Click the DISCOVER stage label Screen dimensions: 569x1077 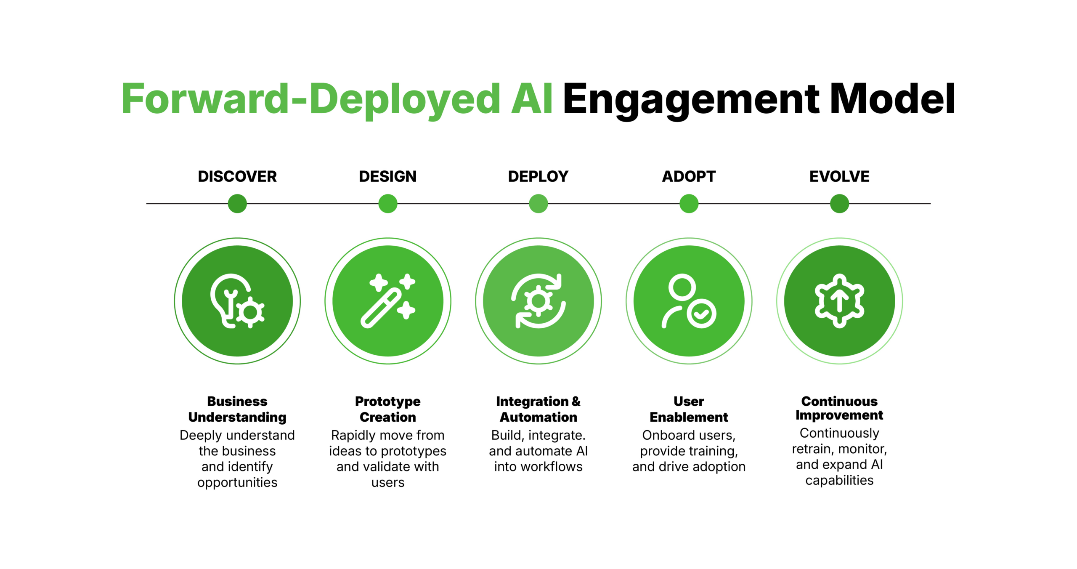(x=237, y=176)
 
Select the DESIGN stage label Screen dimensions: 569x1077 (x=387, y=176)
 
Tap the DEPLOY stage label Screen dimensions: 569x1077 (x=538, y=176)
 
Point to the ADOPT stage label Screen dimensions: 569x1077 (x=689, y=176)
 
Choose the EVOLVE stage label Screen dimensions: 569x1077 (x=839, y=176)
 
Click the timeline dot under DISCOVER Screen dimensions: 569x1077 (x=237, y=204)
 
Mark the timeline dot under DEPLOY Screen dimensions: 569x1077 (x=538, y=204)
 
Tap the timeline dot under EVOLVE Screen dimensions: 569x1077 (x=839, y=204)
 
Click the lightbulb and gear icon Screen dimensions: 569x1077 (x=237, y=301)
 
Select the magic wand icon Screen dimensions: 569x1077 (x=387, y=301)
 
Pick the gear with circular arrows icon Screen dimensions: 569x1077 (x=538, y=301)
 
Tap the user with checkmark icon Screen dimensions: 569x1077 (x=689, y=301)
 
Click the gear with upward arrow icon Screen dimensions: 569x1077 (x=839, y=301)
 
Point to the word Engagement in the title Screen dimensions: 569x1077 (x=691, y=100)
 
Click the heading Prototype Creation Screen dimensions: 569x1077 (x=387, y=409)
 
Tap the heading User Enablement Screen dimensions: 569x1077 (x=689, y=409)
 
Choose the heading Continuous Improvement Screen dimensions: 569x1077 (x=839, y=408)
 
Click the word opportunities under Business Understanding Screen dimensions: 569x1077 (x=237, y=482)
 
